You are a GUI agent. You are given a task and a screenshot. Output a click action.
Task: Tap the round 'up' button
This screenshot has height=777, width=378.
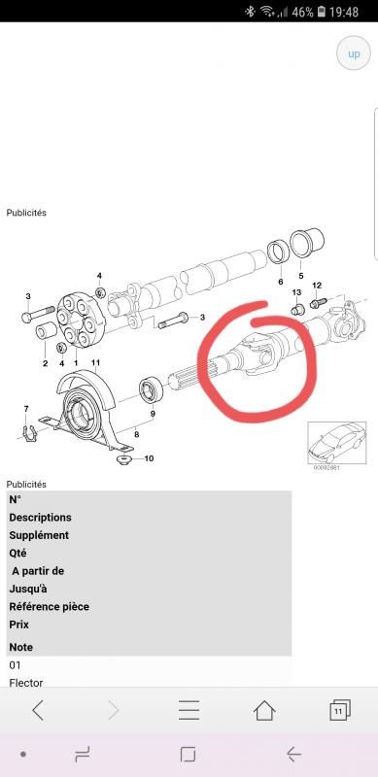point(354,53)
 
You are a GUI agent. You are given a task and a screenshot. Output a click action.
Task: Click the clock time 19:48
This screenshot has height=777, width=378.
point(344,12)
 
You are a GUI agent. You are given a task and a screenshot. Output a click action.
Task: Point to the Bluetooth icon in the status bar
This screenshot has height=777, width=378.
point(250,12)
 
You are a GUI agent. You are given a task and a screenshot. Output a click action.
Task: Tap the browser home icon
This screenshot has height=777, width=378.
point(264,711)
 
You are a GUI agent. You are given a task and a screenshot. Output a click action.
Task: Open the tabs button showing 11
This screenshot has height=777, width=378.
point(340,710)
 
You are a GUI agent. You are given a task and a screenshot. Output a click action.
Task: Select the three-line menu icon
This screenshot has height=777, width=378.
point(189,710)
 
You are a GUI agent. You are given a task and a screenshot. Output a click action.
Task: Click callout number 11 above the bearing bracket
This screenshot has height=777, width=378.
point(96,363)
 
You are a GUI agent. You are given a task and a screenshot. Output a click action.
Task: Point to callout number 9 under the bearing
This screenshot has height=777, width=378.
point(153,414)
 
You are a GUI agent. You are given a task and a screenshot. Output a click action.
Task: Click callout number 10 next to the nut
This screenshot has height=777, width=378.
point(150,458)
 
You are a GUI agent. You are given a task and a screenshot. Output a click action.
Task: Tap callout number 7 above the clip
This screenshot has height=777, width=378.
point(26,408)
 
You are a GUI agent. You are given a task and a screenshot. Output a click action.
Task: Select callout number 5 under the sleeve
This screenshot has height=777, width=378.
point(301,276)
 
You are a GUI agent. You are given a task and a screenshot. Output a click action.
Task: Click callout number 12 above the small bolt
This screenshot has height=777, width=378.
point(317,285)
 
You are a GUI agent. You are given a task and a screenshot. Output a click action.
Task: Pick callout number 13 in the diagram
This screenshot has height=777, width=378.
point(296,292)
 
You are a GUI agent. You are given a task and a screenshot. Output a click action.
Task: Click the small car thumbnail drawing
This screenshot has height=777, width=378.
point(337,443)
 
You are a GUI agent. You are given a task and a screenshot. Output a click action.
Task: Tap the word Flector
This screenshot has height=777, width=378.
point(26,683)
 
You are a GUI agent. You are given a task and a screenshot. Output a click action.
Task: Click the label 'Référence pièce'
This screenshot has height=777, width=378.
point(50,606)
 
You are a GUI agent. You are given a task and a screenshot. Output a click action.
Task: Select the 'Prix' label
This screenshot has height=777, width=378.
point(18,625)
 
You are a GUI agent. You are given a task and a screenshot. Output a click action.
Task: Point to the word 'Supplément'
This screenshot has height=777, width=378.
point(39,536)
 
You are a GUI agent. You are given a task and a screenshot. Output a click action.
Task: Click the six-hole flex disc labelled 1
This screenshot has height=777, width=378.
point(76,320)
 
